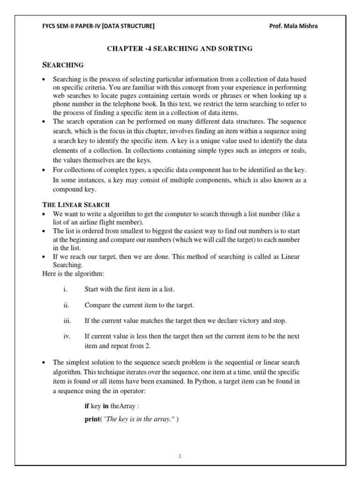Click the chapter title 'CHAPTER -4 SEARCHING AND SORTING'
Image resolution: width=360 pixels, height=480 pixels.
tap(180, 48)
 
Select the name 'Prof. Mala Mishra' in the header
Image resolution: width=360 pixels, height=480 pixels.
tap(293, 26)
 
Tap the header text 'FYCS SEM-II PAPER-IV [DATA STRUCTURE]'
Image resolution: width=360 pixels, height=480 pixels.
tap(98, 26)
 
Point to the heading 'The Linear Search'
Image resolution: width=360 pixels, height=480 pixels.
tap(76, 205)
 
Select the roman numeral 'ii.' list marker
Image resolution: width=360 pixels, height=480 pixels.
tap(66, 305)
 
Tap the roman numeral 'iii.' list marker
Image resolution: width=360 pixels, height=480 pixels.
tap(67, 321)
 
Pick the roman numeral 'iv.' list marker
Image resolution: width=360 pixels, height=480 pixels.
tap(67, 336)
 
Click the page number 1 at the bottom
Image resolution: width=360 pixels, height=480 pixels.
tap(180, 456)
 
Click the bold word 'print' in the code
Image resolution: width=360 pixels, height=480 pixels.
tap(92, 419)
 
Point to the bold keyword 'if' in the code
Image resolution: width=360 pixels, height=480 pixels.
tap(87, 406)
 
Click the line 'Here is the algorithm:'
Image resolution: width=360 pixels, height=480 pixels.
tap(73, 273)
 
